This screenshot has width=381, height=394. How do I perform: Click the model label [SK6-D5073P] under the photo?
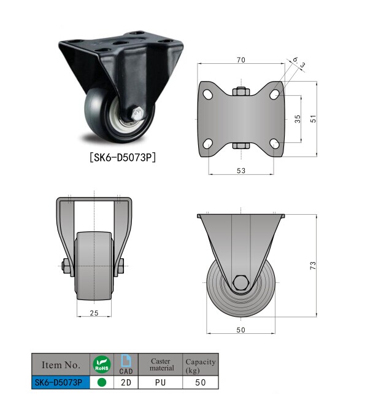pos(121,157)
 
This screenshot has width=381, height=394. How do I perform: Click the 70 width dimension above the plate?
pos(241,60)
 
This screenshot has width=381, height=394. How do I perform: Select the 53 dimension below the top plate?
pos(241,170)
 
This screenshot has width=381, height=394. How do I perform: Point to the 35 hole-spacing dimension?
pos(298,119)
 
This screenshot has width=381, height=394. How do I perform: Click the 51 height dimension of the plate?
pos(313,119)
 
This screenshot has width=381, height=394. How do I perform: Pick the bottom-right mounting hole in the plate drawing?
pos(274,144)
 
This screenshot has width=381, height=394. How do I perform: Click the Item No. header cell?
pos(60,365)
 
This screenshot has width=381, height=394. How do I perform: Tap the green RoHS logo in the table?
pos(101,365)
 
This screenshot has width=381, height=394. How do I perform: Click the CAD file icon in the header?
pos(126,365)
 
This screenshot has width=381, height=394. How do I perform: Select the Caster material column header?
pos(161,365)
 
